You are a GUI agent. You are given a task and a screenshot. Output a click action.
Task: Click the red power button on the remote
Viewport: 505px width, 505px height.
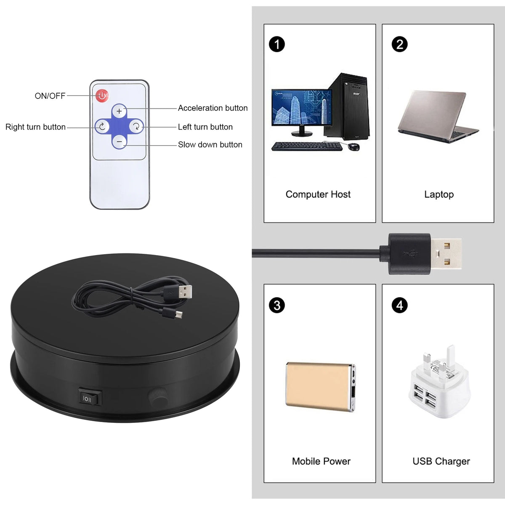coord(102,96)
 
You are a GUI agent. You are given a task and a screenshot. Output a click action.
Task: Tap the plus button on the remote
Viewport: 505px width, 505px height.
coord(119,111)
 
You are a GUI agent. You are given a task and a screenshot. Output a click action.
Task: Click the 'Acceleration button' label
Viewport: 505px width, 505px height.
coord(213,108)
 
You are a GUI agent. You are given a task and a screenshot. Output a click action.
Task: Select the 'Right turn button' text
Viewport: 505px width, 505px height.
coord(35,127)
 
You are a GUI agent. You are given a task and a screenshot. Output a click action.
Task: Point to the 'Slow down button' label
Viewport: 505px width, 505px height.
coord(210,145)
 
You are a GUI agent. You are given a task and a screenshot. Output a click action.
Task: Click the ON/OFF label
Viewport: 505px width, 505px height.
coord(50,96)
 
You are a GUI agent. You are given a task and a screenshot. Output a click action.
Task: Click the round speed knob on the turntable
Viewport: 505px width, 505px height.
coord(157,396)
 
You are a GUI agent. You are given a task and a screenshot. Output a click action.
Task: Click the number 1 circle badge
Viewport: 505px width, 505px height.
coord(277,44)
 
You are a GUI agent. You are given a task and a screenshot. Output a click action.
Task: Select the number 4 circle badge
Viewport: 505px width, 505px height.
coord(399,305)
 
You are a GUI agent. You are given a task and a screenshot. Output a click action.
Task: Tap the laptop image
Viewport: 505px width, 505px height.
coord(438,116)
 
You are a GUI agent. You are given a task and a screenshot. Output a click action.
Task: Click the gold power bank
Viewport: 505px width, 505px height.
coord(320,386)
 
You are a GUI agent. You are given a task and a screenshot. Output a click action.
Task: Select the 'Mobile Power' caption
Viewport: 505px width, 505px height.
coord(321,461)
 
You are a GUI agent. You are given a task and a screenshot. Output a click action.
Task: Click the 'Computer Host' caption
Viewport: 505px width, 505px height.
coord(318,194)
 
